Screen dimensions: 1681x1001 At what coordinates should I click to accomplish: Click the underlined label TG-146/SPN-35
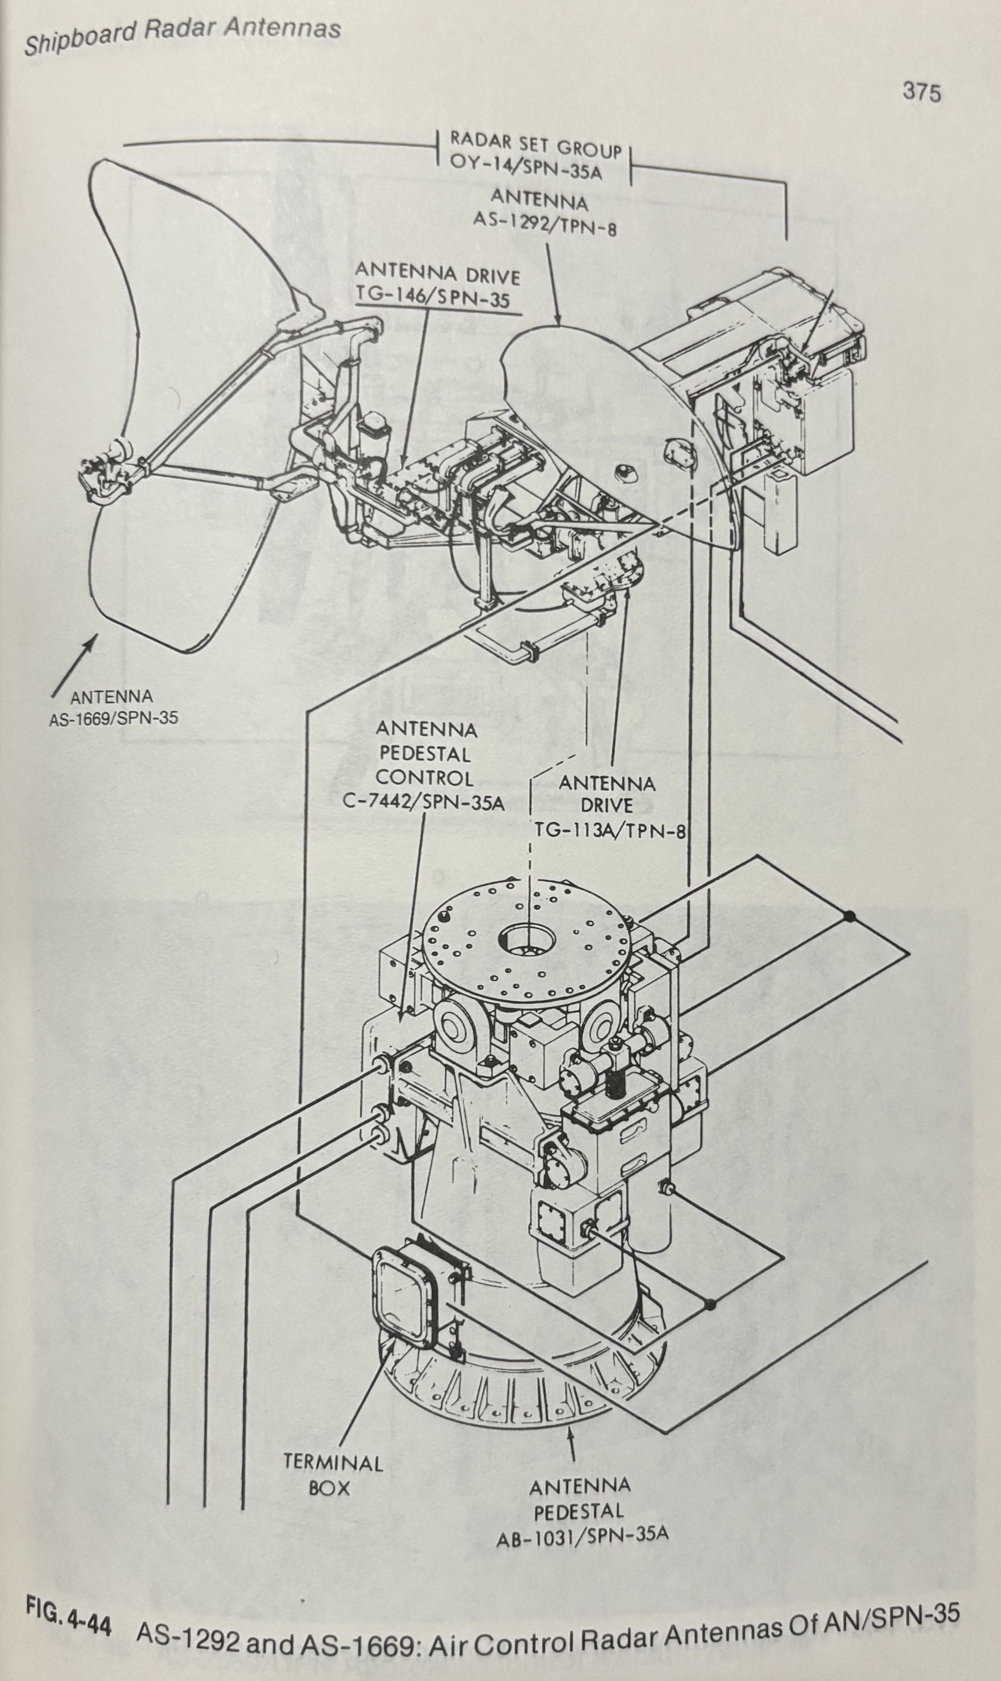pos(432,298)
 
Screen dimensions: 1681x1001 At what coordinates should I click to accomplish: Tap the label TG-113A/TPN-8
pos(610,829)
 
